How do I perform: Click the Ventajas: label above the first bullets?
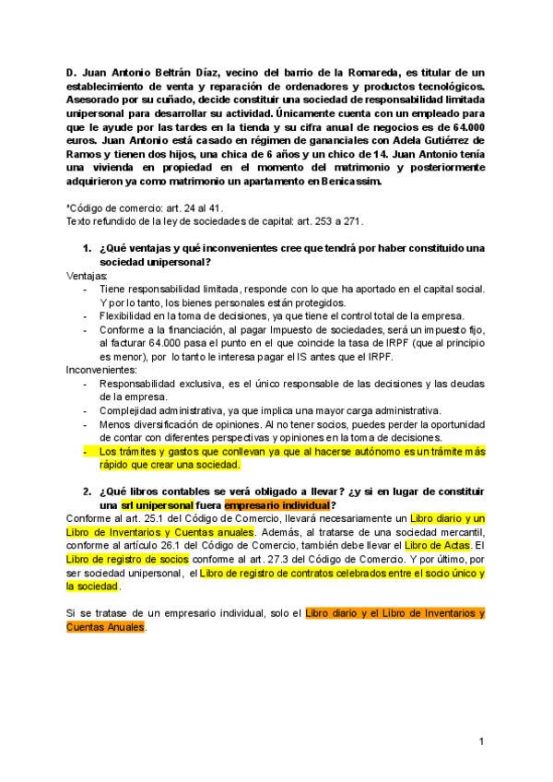[87, 276]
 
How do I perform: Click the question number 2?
[86, 492]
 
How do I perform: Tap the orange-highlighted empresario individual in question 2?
[276, 505]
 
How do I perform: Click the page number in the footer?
[482, 741]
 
